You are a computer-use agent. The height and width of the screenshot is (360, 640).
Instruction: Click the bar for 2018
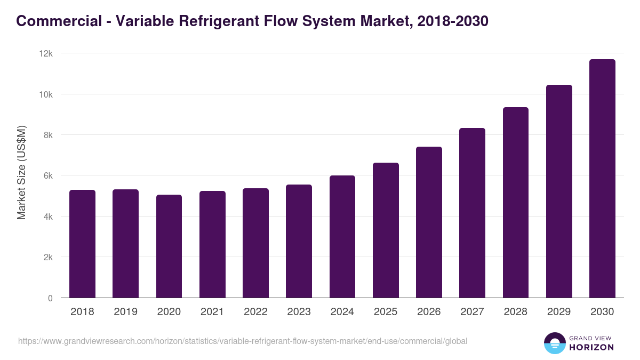82,244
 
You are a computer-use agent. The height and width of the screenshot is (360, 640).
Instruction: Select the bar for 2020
169,246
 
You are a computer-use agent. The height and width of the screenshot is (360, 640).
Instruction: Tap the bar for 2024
342,237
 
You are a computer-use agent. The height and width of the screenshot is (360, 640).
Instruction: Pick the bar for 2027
472,213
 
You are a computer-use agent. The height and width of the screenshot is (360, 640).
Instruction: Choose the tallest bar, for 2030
602,179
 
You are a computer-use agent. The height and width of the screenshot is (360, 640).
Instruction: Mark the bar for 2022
255,243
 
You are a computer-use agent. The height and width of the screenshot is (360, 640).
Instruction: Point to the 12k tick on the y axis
46,54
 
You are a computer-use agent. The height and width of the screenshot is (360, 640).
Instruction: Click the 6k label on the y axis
47,176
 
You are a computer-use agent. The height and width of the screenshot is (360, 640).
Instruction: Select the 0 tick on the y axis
50,298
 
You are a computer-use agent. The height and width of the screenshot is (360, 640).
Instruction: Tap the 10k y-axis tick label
46,94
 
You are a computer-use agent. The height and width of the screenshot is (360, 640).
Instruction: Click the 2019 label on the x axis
125,312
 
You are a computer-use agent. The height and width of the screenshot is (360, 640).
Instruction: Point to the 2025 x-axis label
386,312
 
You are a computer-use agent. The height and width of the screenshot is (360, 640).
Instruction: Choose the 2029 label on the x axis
559,312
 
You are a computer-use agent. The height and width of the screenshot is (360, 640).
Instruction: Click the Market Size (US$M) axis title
21,173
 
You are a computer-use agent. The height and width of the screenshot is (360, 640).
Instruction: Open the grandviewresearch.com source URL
243,341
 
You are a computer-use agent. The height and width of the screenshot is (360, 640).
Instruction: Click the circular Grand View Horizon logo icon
554,343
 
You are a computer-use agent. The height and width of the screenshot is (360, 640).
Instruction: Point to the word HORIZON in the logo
591,347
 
